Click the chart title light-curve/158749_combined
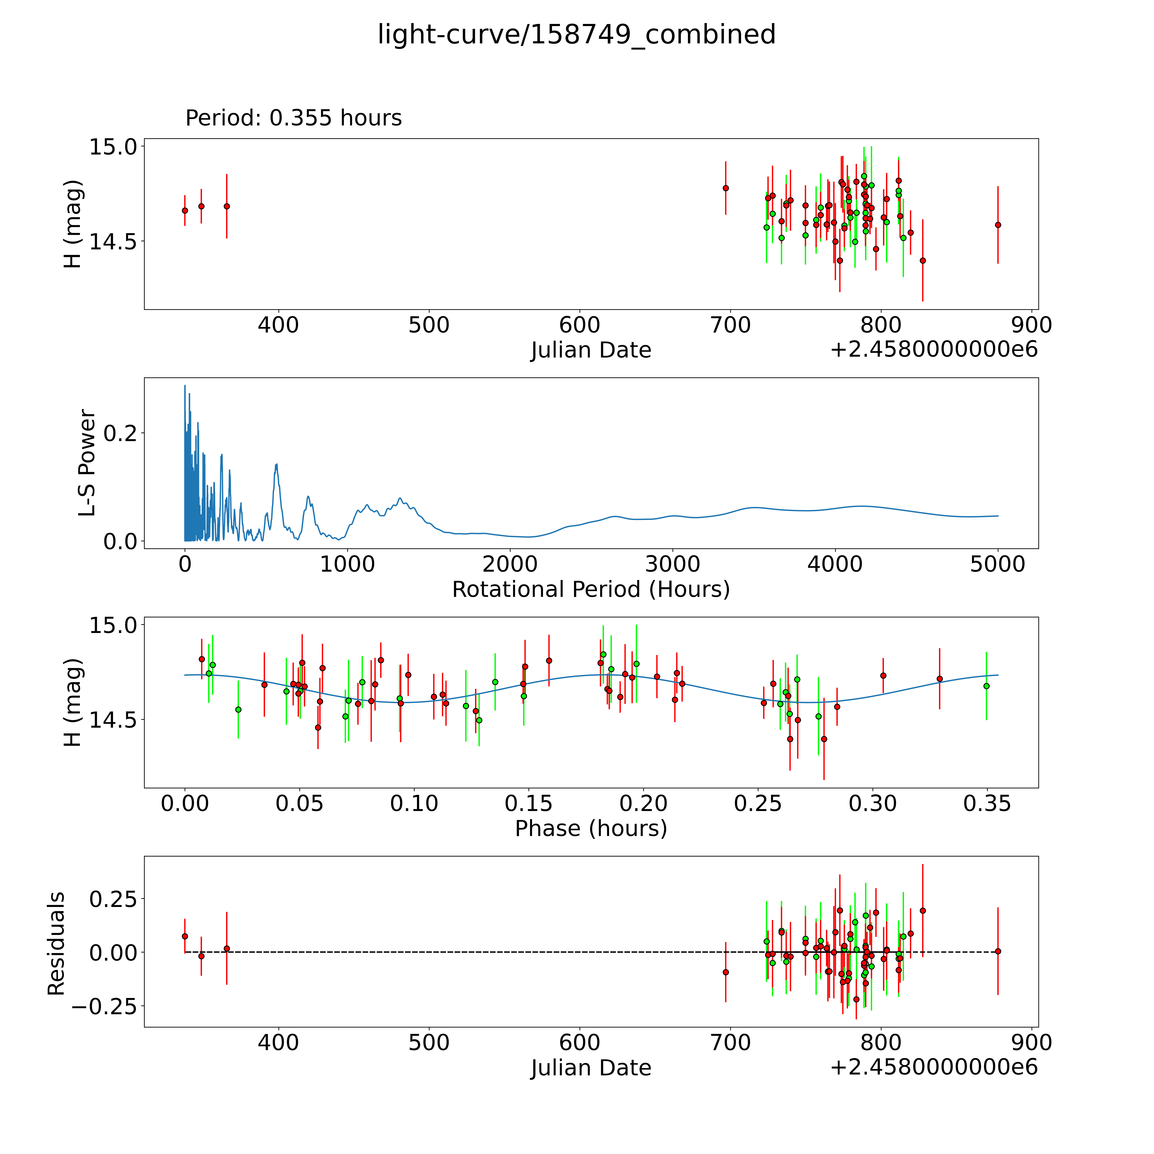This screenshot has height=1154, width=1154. [x=576, y=35]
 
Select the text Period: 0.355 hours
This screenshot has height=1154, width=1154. [x=293, y=118]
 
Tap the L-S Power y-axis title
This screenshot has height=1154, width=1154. [x=87, y=463]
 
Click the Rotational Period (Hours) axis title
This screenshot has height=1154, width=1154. [x=591, y=590]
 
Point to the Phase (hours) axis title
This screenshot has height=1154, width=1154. [x=591, y=829]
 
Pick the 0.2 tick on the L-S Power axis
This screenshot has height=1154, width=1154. [x=119, y=433]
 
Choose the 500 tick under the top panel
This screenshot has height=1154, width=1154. [x=429, y=325]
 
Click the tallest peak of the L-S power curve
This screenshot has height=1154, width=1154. [x=185, y=386]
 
